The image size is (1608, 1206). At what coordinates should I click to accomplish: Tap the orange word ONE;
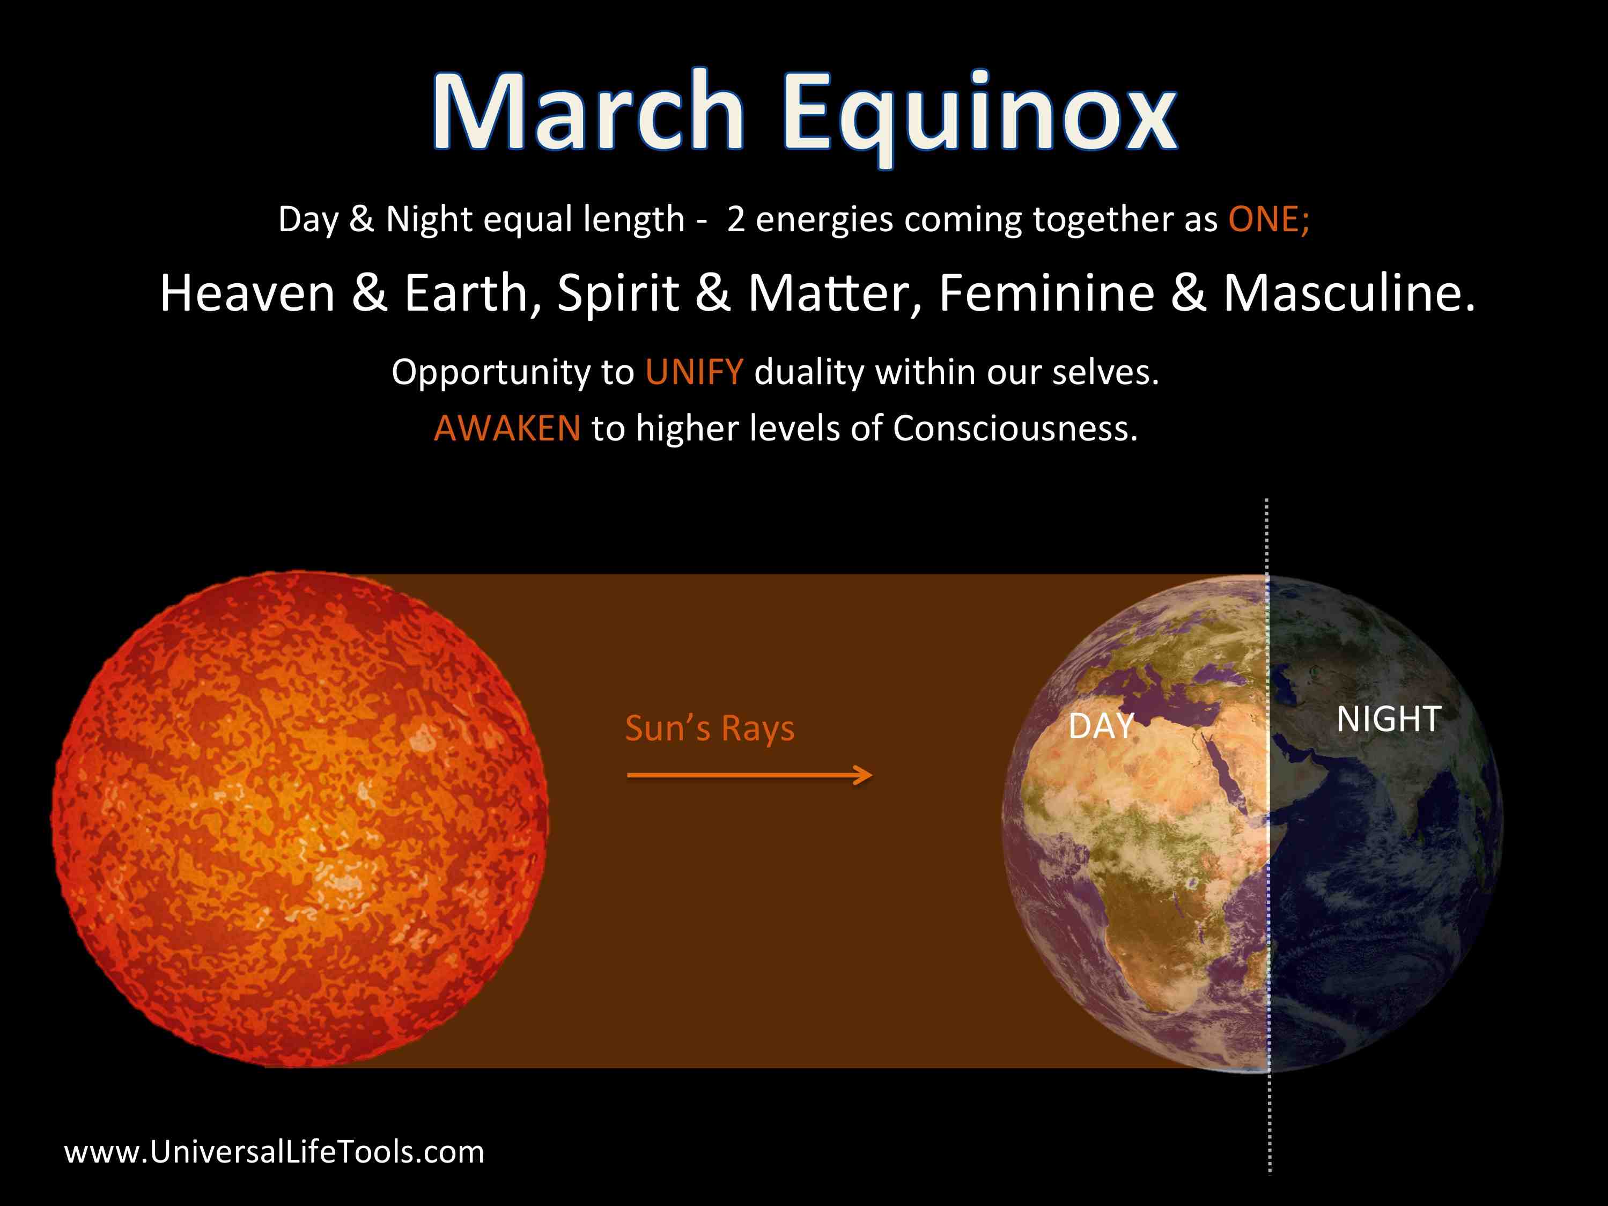(1269, 219)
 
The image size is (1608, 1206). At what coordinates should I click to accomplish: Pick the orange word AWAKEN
(507, 428)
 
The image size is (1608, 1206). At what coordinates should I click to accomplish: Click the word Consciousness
(1015, 428)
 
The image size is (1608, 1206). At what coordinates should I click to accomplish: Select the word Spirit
(618, 295)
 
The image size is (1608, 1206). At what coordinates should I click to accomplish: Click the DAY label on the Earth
(1101, 726)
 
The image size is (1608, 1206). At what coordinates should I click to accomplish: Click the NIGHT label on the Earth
(1389, 719)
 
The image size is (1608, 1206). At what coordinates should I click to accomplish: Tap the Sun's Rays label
(710, 729)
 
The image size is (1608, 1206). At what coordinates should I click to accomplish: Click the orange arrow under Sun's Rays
(749, 775)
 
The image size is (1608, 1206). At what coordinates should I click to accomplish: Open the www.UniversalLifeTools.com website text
(274, 1152)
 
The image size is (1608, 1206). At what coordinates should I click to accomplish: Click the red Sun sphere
(299, 819)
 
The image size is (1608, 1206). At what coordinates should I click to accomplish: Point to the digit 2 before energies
(736, 219)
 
